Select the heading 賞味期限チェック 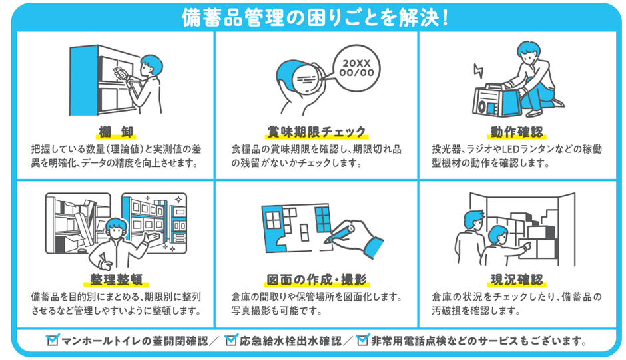coord(316,130)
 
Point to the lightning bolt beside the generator coord(477,71)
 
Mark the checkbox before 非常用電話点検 coord(362,341)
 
